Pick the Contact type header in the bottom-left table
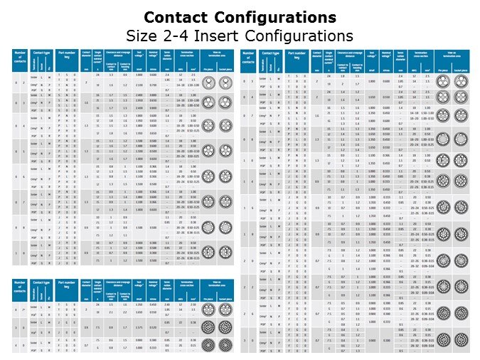tap(38, 286)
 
